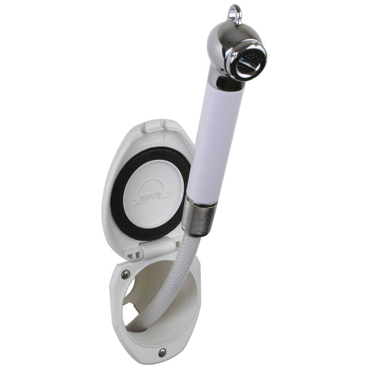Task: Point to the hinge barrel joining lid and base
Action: point(152,252)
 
